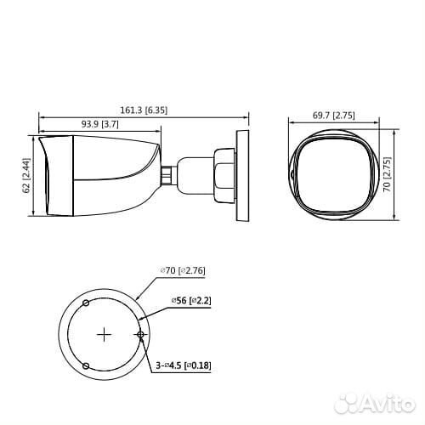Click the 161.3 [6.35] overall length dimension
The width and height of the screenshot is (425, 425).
(x=145, y=110)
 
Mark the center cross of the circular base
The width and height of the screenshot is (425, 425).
(x=104, y=334)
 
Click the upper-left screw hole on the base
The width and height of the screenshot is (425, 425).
(x=86, y=303)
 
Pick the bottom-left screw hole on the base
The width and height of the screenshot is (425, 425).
(x=86, y=365)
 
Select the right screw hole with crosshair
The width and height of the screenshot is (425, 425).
(x=140, y=335)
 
